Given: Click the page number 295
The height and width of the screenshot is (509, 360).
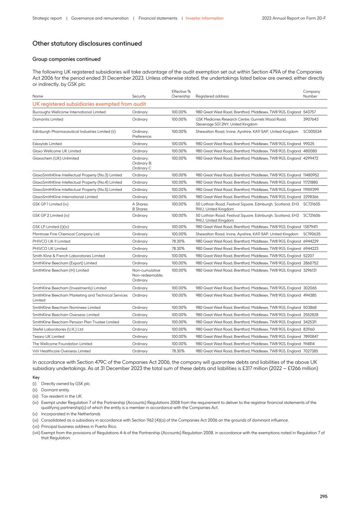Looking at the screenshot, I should coord(323,496).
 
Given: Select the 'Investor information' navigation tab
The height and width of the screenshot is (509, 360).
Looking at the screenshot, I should coord(205,18).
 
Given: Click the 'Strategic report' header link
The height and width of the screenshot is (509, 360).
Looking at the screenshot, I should coord(47,18).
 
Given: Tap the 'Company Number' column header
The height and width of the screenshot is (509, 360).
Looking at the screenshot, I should coord(311,94).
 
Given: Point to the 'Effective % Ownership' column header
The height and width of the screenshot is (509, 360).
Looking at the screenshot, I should coord(181,94).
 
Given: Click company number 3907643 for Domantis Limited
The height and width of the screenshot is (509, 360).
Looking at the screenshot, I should coord(310,119).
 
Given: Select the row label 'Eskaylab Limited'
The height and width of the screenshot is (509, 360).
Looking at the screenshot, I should coord(47,144).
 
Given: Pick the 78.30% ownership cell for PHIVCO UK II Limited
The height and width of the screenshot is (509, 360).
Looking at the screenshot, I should coord(178,241).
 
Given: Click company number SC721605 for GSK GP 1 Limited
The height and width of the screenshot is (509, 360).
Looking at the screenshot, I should coord(311,204).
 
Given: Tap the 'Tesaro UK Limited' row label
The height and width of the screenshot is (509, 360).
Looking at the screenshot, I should coord(48,336).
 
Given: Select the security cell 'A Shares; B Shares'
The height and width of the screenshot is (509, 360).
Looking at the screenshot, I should coord(140,207).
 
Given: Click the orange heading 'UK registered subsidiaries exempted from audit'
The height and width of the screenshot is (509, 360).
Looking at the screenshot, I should coord(89,104).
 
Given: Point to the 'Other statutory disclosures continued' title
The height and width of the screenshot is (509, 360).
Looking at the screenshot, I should coord(87,44).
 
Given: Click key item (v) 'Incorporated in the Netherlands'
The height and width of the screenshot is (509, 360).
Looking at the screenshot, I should coord(70,414).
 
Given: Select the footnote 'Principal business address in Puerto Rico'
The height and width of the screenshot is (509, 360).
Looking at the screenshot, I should coord(79,426).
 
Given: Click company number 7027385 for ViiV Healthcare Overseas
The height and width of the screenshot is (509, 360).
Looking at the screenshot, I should coord(310,351).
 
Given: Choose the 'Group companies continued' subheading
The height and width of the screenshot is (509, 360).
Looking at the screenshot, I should coord(66,59).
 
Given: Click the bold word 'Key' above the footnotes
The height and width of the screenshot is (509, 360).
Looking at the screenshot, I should coord(36,377).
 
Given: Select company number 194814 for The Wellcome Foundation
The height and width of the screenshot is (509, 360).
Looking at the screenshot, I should coord(309,344).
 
